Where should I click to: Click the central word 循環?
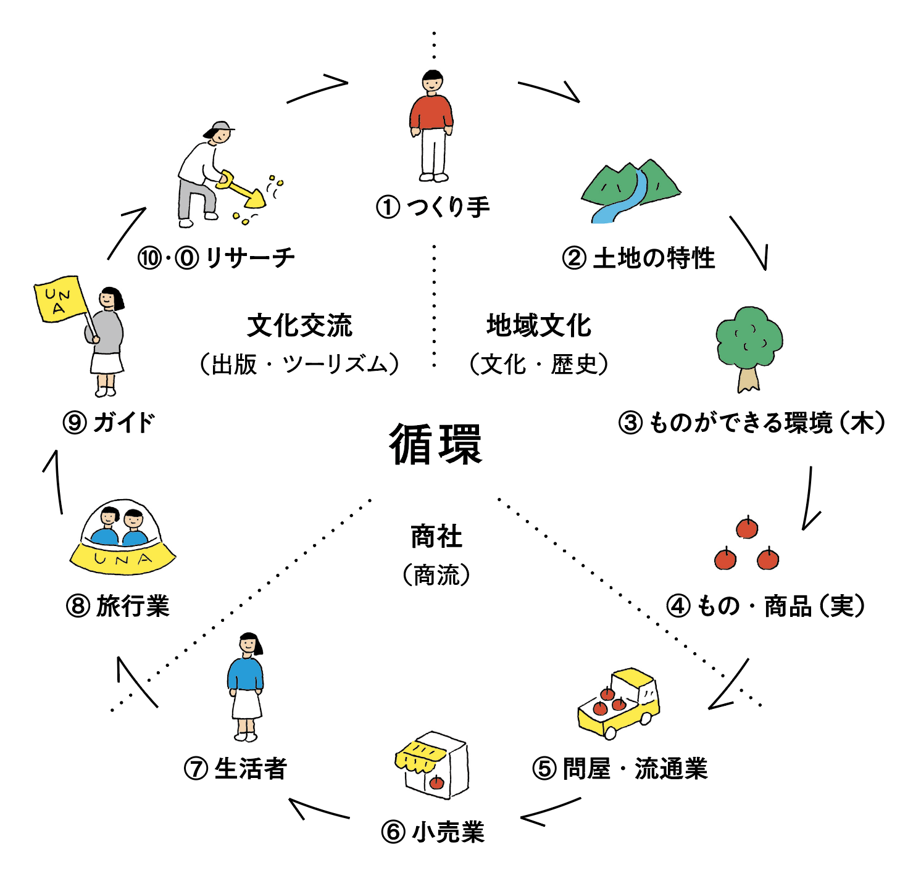(436, 444)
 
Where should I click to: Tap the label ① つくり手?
(433, 207)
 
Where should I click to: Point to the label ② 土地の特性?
(638, 258)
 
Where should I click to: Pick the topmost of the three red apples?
(747, 528)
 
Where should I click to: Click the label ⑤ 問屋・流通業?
(620, 769)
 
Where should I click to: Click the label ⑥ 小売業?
(433, 832)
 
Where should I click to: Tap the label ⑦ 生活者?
(236, 769)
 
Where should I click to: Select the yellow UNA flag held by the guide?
(59, 299)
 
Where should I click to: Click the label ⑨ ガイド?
(109, 423)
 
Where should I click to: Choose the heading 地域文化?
(538, 326)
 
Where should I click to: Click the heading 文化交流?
(299, 326)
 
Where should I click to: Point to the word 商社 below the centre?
(436, 537)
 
